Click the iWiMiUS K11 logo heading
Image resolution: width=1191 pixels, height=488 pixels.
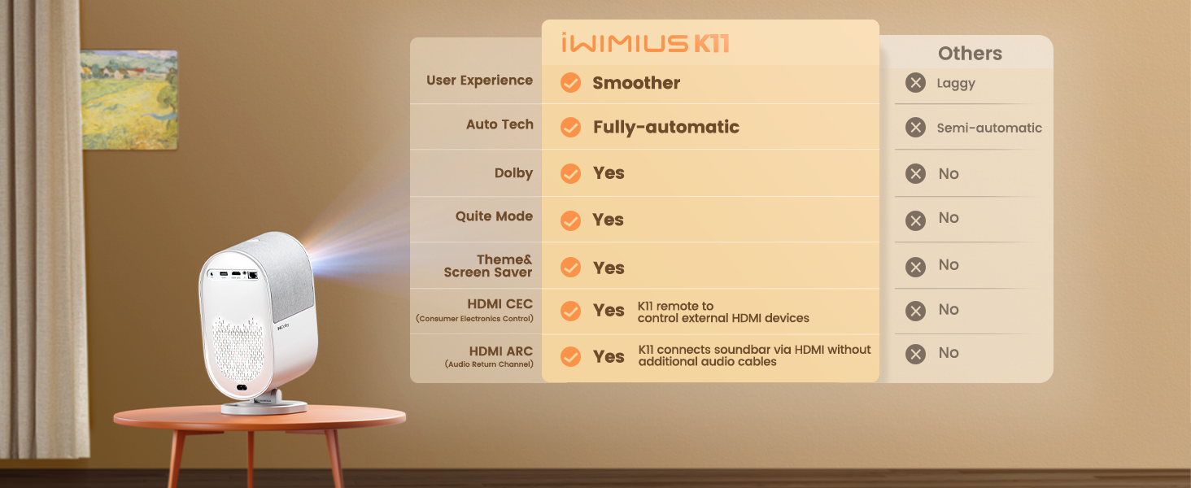(644, 43)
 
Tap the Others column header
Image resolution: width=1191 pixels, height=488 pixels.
(970, 54)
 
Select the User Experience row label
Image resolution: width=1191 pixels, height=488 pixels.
(479, 81)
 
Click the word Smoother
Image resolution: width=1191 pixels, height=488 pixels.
(636, 83)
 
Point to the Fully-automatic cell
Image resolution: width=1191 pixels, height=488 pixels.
(665, 127)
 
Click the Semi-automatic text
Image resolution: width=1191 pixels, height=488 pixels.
(988, 128)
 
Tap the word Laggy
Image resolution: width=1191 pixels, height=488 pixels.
(956, 83)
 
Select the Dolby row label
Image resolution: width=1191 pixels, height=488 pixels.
(513, 173)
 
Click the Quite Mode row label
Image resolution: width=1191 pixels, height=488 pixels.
(494, 216)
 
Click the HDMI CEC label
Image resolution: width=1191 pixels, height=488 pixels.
(500, 304)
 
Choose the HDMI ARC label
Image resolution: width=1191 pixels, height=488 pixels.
(500, 351)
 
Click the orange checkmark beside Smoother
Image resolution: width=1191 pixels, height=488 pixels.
(571, 83)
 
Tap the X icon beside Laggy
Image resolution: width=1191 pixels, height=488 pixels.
(916, 83)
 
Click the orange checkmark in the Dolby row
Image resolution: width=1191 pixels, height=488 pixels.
(571, 173)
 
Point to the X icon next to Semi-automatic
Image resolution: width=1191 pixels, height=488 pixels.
(916, 128)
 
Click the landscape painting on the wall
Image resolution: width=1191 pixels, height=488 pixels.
(129, 99)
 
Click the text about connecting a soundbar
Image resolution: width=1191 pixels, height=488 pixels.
(754, 355)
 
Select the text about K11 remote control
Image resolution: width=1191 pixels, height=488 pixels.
(723, 312)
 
